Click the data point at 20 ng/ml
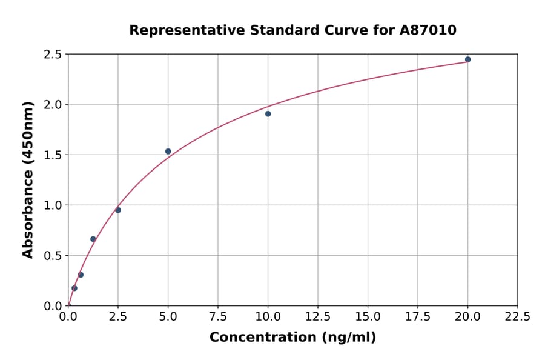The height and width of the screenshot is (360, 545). [x=467, y=59]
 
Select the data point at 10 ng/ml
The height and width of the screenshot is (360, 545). [x=268, y=114]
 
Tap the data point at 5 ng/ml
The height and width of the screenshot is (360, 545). [x=168, y=152]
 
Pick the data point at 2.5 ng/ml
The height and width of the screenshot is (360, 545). [x=118, y=210]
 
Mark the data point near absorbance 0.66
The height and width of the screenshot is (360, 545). [x=93, y=239]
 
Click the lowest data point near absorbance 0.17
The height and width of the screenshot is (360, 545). [x=74, y=288]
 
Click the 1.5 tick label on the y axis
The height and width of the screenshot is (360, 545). [x=52, y=155]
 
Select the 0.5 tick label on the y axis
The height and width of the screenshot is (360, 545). [x=52, y=256]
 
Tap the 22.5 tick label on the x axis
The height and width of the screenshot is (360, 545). [x=517, y=317]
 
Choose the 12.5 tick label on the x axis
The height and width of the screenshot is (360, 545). [x=318, y=317]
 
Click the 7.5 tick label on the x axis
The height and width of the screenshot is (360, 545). [x=218, y=317]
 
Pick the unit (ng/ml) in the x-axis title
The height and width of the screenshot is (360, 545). [x=348, y=338]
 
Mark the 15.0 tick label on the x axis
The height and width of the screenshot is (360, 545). [x=368, y=317]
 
